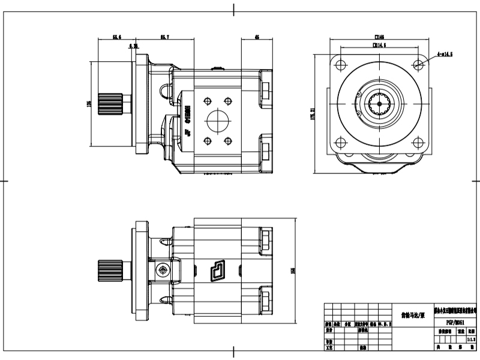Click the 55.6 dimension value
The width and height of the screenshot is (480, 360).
pyautogui.click(x=117, y=37)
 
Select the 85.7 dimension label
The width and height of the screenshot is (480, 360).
pyautogui.click(x=164, y=37)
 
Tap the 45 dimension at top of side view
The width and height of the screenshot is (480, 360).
pyautogui.click(x=257, y=37)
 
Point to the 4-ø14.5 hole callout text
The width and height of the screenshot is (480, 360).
pyautogui.click(x=445, y=54)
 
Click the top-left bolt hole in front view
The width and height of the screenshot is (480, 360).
pyautogui.click(x=340, y=65)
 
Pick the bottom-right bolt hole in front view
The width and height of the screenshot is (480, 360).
pyautogui.click(x=418, y=143)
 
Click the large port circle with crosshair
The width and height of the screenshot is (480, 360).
pyautogui.click(x=217, y=121)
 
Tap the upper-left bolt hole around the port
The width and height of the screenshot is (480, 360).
pyautogui.click(x=207, y=101)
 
